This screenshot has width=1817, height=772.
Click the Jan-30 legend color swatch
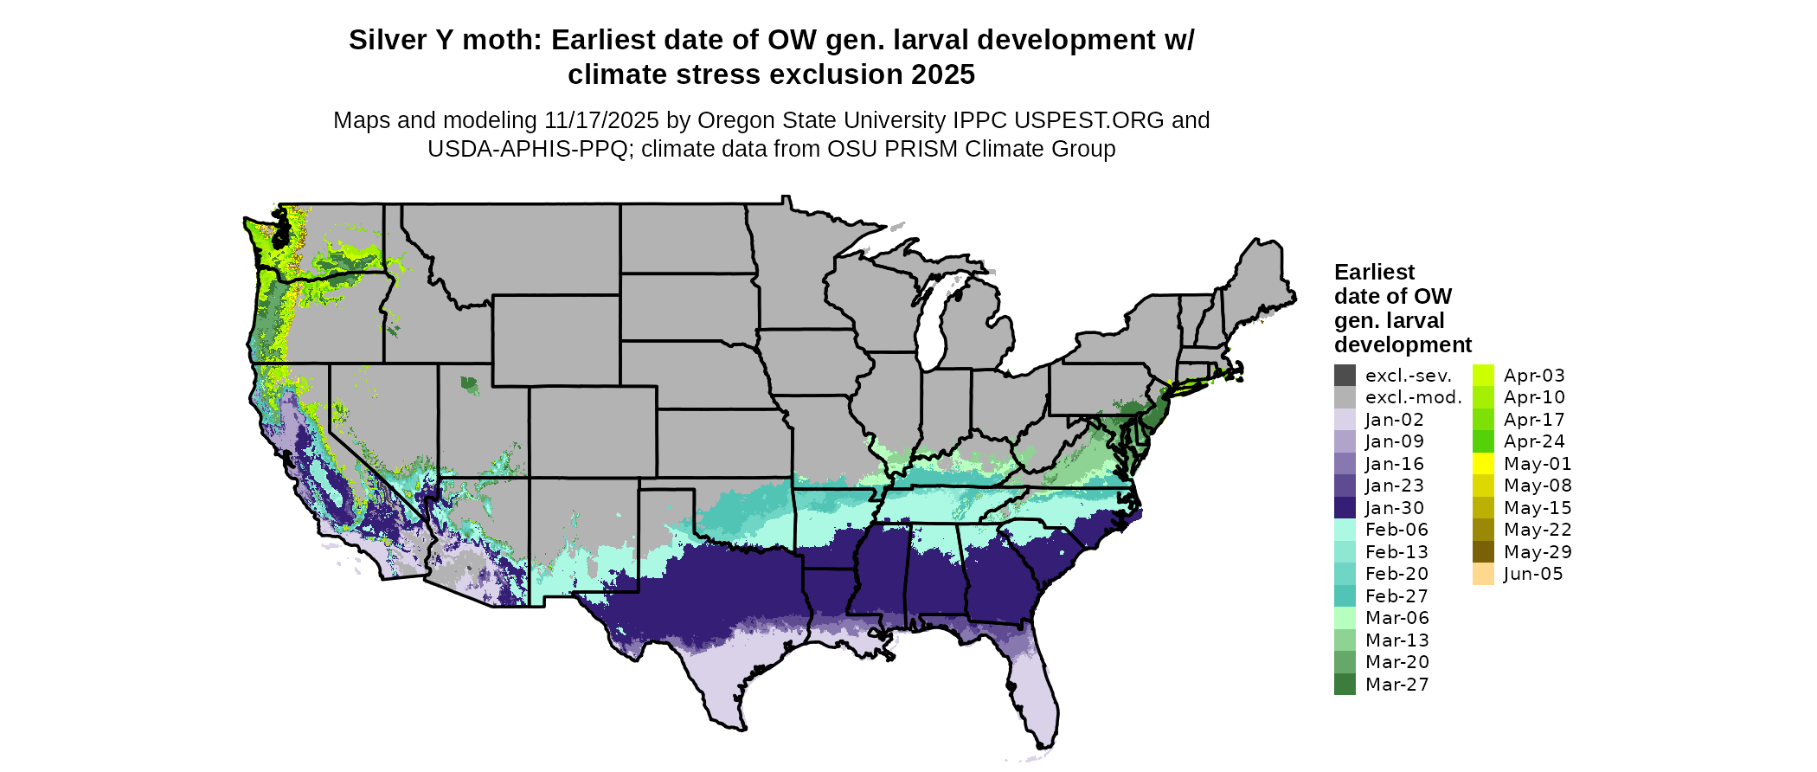pyautogui.click(x=1345, y=508)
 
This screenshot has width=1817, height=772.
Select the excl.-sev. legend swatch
pyautogui.click(x=1345, y=376)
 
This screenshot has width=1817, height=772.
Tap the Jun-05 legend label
pyautogui.click(x=1533, y=574)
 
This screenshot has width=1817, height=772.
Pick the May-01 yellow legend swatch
pyautogui.click(x=1483, y=464)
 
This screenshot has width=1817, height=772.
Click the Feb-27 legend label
pyautogui.click(x=1396, y=596)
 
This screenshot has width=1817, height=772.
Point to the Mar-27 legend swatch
pyautogui.click(x=1345, y=685)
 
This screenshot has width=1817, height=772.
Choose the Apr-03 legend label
pyautogui.click(x=1534, y=376)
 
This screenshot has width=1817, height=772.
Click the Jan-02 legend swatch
pyautogui.click(x=1345, y=420)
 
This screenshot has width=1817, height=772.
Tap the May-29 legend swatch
pyautogui.click(x=1483, y=552)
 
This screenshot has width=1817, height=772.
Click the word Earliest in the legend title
pyautogui.click(x=1374, y=273)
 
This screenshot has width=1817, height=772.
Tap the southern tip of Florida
pyautogui.click(x=1045, y=743)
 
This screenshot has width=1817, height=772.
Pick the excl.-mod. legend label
pyautogui.click(x=1413, y=397)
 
